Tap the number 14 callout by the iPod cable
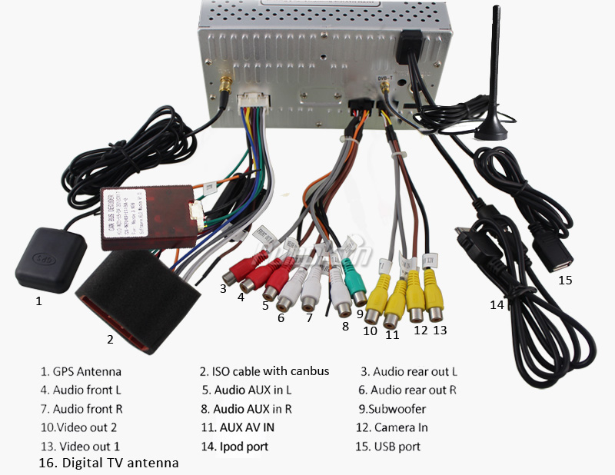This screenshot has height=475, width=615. tap(497, 304)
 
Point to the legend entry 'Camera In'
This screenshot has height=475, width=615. tap(401, 427)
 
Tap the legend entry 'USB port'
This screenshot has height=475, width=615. tap(397, 446)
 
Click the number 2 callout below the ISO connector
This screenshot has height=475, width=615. tap(110, 338)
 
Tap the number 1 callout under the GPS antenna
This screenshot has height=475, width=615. tap(38, 301)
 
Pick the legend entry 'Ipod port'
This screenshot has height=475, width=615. tap(245, 446)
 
